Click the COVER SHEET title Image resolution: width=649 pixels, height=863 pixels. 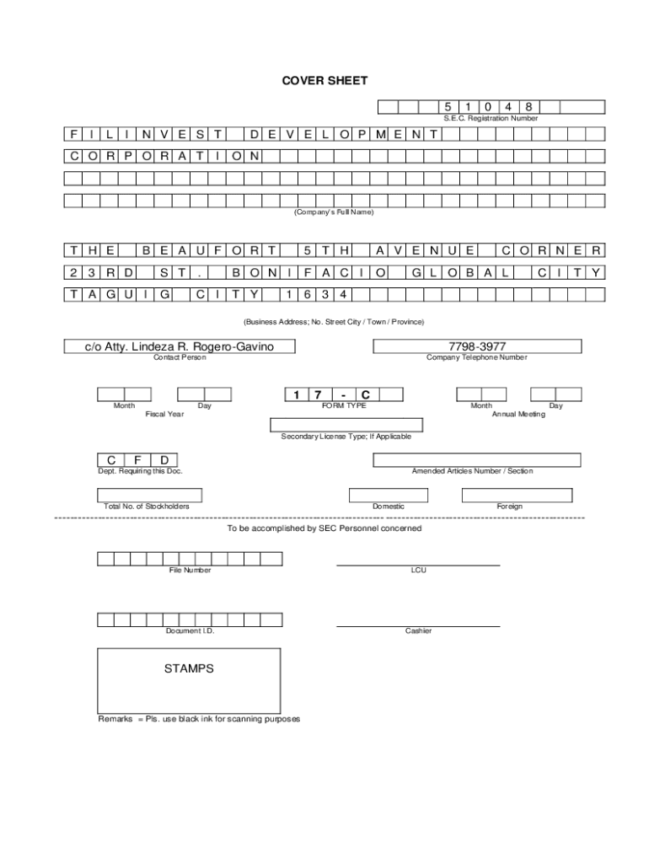[324, 81]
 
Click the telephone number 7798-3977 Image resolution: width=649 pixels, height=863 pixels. [477, 346]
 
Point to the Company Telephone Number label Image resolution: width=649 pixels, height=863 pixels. [477, 357]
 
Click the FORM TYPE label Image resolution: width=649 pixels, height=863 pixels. [344, 405]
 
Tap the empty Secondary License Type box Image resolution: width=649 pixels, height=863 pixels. [346, 424]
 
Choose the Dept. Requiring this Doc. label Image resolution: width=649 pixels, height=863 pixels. [140, 471]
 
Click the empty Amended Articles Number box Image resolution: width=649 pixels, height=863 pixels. [477, 460]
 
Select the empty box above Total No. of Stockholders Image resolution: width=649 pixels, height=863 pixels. [146, 495]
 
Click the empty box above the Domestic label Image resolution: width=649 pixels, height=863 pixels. [389, 495]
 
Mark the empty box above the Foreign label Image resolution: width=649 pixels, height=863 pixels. [509, 495]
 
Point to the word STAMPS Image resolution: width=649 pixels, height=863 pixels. [189, 668]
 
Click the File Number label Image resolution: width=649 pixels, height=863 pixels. [190, 571]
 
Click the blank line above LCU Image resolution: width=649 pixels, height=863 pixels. [418, 564]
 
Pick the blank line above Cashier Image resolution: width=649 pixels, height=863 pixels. [418, 625]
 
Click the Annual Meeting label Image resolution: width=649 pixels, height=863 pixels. [518, 414]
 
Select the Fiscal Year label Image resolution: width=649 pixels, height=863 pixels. [164, 414]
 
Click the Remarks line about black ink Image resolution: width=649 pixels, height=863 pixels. [199, 719]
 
